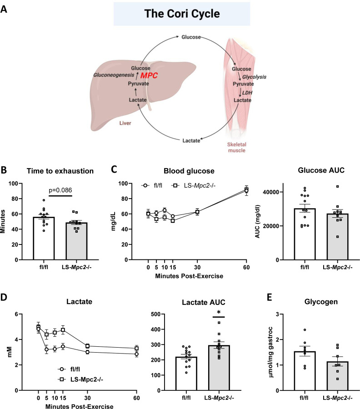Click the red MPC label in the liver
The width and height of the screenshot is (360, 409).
[148, 75]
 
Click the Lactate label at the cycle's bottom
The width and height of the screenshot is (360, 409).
[191, 141]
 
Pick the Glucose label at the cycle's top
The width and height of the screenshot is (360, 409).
[191, 36]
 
